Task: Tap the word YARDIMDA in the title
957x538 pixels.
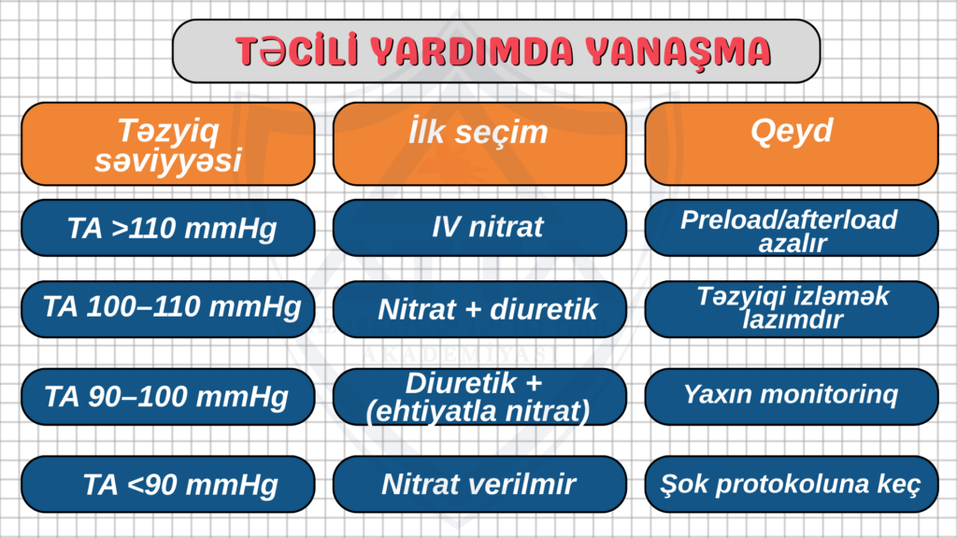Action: pyautogui.click(x=472, y=51)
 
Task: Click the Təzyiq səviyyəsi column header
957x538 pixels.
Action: pyautogui.click(x=168, y=144)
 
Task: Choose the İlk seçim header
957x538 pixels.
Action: pyautogui.click(x=479, y=144)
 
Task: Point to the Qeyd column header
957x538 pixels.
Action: pyautogui.click(x=792, y=144)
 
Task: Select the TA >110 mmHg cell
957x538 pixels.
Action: pyautogui.click(x=168, y=228)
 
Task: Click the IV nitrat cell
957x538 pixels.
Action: pyautogui.click(x=479, y=228)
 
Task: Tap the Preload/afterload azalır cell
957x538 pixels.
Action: pyautogui.click(x=792, y=228)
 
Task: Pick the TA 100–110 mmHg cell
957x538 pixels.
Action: pyautogui.click(x=168, y=309)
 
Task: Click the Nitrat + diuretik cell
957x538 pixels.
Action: pyautogui.click(x=479, y=309)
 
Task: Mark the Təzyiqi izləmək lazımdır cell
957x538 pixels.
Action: pyautogui.click(x=792, y=309)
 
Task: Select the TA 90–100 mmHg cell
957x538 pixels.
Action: pyautogui.click(x=168, y=397)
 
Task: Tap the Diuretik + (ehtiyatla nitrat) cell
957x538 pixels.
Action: pyautogui.click(x=479, y=397)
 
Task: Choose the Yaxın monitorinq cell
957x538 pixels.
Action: pyautogui.click(x=792, y=397)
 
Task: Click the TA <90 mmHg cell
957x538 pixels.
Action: pyautogui.click(x=168, y=485)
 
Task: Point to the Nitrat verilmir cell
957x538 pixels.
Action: pyautogui.click(x=479, y=485)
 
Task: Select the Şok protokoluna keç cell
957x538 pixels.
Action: pyautogui.click(x=792, y=485)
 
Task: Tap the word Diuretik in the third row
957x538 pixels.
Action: pyautogui.click(x=461, y=384)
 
